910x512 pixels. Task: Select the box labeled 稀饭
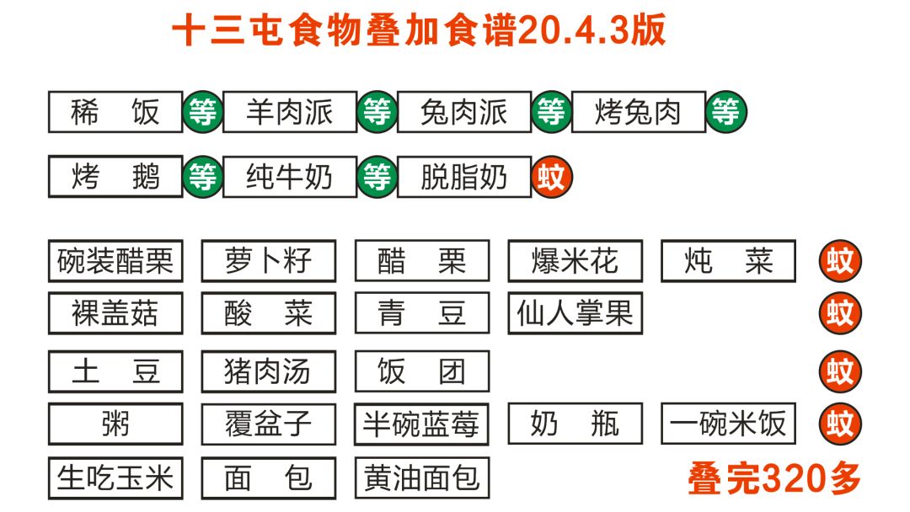[115, 112]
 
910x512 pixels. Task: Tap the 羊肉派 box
[290, 112]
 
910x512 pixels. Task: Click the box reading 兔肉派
[464, 112]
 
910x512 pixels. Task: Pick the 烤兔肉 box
[639, 112]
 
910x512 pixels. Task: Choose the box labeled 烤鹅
[115, 177]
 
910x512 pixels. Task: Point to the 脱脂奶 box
[464, 177]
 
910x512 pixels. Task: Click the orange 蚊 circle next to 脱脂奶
[552, 178]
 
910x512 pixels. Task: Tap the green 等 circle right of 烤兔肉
[726, 112]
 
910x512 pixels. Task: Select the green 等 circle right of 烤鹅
[203, 177]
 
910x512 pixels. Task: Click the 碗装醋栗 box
[115, 262]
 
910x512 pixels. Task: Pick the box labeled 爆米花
[575, 262]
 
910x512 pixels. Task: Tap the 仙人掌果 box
[575, 313]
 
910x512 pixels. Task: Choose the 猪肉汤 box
[269, 371]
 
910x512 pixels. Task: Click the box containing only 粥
[115, 424]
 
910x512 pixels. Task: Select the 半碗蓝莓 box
[422, 424]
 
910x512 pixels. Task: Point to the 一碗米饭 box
[729, 424]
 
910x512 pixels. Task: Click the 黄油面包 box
[422, 478]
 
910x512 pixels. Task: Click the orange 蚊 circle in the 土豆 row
[840, 371]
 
